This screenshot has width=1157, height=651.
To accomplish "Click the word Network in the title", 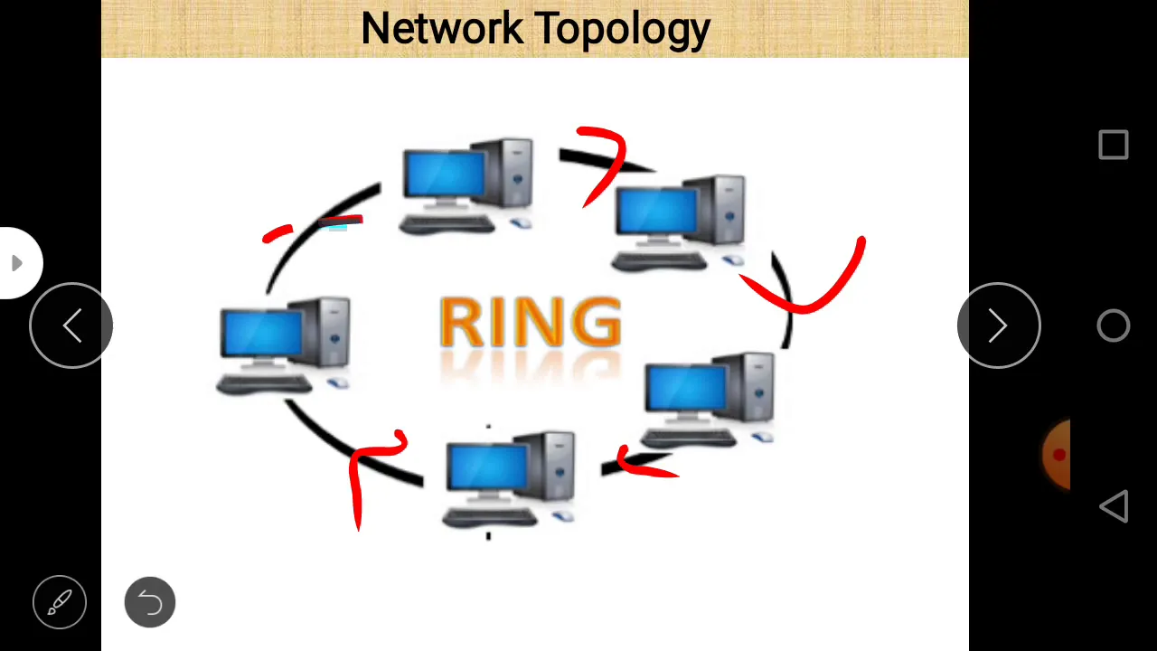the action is click(x=442, y=28).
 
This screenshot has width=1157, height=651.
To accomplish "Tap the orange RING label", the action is click(x=531, y=322).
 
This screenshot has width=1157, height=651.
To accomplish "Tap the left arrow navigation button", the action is click(x=71, y=325).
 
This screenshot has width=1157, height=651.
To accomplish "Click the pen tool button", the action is click(x=60, y=602).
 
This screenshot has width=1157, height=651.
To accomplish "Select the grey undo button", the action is click(x=150, y=602).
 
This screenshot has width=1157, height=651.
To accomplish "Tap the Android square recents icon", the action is click(x=1113, y=145).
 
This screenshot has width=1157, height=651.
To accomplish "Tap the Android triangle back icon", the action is click(x=1114, y=505).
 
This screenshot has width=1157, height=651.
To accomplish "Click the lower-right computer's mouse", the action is click(x=763, y=437).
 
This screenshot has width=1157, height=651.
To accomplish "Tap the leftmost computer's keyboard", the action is click(x=263, y=384).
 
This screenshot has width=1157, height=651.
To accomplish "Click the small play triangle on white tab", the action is click(x=17, y=263).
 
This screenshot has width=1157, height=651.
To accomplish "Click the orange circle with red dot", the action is click(x=1057, y=455).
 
